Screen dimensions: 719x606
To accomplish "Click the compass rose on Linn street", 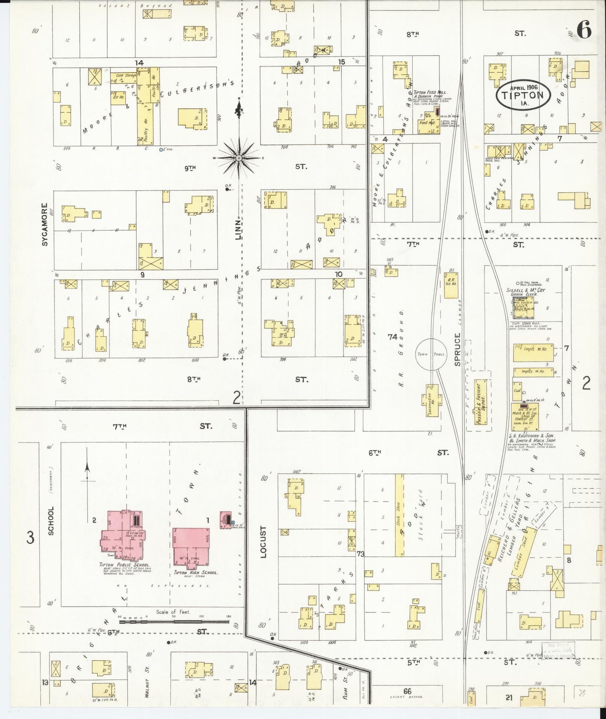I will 239,158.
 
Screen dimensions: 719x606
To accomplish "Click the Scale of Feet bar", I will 174,622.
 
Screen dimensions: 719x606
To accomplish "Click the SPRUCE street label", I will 458,349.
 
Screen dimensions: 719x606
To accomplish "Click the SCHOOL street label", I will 51,521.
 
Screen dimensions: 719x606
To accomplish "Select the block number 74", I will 392,336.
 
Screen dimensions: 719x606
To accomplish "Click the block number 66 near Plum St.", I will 406,691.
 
